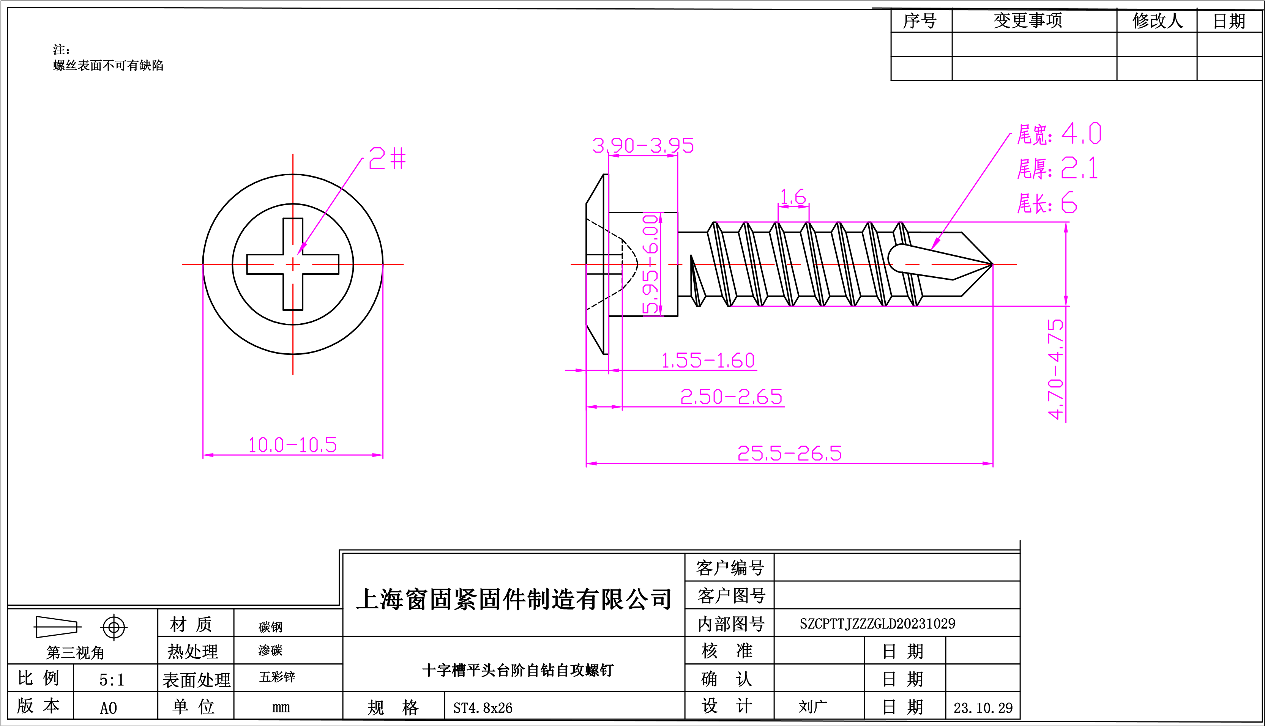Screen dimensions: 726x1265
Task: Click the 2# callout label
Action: tap(387, 159)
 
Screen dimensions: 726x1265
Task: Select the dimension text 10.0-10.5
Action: tap(292, 445)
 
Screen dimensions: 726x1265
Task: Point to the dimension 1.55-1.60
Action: tap(707, 361)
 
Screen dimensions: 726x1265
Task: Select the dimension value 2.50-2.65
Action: tap(731, 397)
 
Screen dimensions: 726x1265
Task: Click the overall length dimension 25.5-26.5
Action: tap(789, 453)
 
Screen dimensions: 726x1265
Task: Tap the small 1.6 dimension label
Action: tap(793, 197)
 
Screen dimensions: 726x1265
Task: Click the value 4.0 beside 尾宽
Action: tap(1081, 134)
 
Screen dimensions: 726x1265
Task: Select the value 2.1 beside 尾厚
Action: tap(1079, 169)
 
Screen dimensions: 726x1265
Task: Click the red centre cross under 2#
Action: tap(293, 264)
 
